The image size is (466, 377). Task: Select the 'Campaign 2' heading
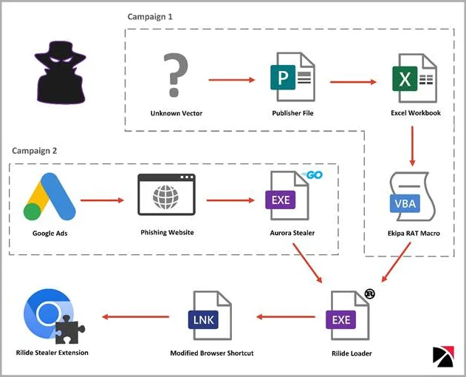(x=35, y=150)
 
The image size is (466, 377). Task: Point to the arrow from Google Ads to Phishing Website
(x=105, y=200)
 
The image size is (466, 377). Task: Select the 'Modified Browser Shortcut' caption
(x=212, y=353)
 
